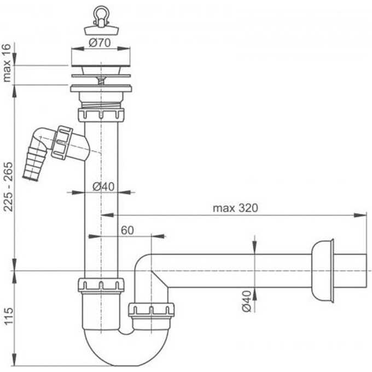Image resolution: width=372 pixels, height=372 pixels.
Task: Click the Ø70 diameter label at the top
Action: click(x=101, y=42)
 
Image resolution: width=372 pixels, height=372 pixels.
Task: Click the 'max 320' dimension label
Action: click(x=235, y=208)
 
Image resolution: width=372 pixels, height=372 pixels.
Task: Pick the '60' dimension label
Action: click(x=127, y=230)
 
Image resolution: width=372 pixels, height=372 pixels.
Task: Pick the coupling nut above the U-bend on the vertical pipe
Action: click(x=101, y=285)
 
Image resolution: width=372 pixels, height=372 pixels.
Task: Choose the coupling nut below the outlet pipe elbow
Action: click(x=151, y=310)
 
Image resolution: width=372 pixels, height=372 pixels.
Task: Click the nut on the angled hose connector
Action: click(x=63, y=143)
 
